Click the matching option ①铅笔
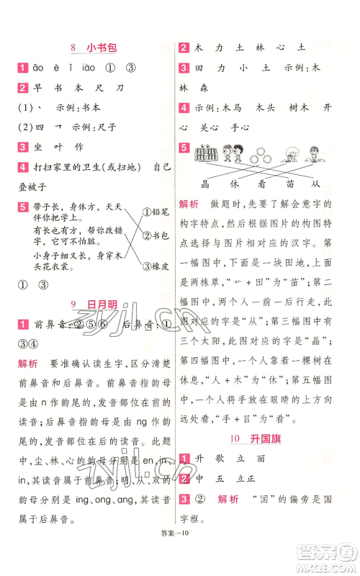156,212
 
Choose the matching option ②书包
156,235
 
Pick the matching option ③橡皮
156,266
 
